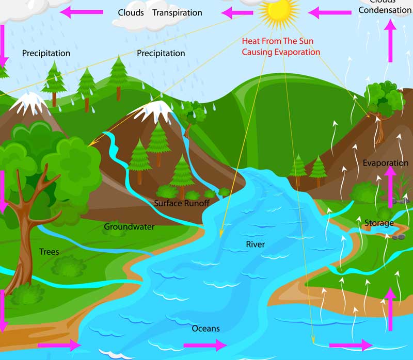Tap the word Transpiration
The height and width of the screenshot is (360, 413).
tap(177, 12)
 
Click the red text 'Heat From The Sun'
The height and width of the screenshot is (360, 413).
tap(277, 41)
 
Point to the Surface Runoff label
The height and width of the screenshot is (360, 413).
tap(181, 203)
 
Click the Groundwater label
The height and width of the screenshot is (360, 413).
tap(129, 226)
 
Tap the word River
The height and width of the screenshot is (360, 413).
tap(255, 244)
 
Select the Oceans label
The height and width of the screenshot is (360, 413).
tap(205, 329)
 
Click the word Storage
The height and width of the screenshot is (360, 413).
tap(379, 223)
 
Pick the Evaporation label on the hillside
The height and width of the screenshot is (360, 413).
tap(385, 163)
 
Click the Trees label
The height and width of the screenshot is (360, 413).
tap(49, 252)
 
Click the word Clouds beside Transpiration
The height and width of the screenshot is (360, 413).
tap(131, 12)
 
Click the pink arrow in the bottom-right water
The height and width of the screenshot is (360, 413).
tap(351, 345)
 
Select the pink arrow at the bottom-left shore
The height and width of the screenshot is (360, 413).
tap(60, 345)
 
